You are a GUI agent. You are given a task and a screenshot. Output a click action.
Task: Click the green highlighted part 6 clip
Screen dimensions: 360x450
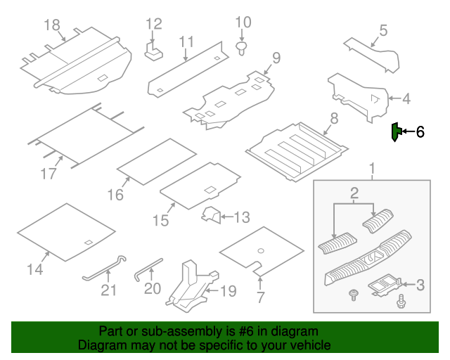[x=397, y=131]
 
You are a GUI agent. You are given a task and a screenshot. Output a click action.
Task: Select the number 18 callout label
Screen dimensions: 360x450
[x=52, y=25]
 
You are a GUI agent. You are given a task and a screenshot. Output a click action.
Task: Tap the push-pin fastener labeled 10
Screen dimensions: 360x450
[x=243, y=48]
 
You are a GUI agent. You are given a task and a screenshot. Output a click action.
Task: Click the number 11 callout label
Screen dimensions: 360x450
[x=186, y=42]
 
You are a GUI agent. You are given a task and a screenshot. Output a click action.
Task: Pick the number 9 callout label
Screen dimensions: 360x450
[x=276, y=57]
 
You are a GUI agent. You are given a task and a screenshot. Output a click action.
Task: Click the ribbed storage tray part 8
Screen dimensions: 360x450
[x=297, y=148]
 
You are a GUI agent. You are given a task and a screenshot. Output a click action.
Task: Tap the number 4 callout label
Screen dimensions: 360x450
[x=405, y=99]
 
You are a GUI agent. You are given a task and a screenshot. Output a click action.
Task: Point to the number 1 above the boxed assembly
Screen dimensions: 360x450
[x=372, y=169]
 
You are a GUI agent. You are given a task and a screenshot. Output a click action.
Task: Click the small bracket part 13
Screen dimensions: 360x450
[x=210, y=216]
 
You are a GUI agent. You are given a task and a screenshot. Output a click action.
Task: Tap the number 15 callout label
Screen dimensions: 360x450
[x=160, y=220]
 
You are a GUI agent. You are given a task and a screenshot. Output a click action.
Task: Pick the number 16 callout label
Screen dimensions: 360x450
[x=115, y=194]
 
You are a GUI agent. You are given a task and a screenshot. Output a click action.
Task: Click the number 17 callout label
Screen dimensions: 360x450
[x=48, y=172]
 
